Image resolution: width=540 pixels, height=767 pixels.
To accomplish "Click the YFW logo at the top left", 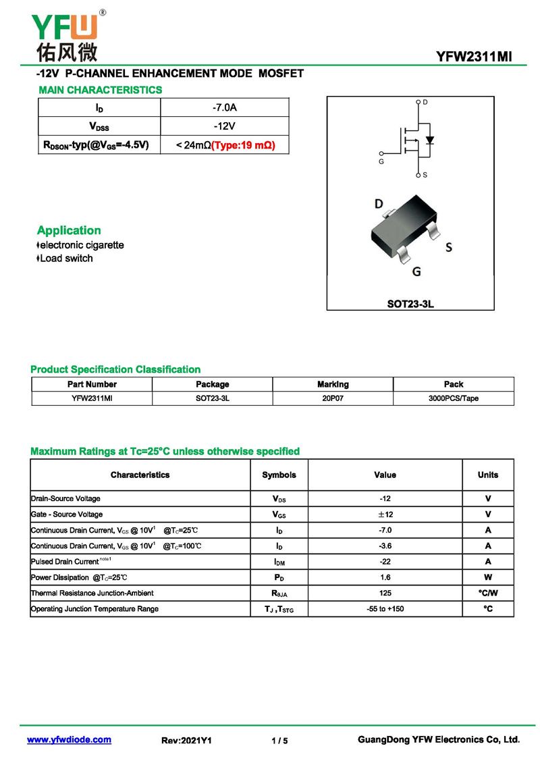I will (x=65, y=34).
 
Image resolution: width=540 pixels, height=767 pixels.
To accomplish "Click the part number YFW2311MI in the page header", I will (x=474, y=57).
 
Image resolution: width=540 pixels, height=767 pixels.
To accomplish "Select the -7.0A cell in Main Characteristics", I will (x=224, y=108).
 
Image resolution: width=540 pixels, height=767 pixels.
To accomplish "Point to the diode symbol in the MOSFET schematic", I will (x=429, y=140).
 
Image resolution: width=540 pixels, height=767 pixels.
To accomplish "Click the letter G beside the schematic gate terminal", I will (x=381, y=162).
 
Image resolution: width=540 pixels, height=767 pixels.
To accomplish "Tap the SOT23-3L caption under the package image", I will (x=410, y=304).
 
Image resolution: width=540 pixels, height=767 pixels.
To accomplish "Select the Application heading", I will (x=69, y=230).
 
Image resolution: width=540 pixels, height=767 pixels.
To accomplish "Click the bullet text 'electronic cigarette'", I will (x=82, y=245).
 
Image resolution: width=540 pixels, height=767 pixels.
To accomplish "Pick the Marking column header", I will (x=333, y=384).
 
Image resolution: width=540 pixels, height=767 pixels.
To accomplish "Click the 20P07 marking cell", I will (x=333, y=398).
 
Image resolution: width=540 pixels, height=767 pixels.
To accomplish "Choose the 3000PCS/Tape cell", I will (x=453, y=398).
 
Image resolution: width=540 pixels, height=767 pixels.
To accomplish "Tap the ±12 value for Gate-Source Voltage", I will (x=385, y=514).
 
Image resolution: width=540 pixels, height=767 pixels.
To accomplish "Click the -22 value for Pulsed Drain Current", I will (x=385, y=562).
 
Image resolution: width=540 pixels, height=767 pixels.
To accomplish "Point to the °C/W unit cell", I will (x=488, y=593).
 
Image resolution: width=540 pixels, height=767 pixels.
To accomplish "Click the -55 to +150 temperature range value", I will (x=385, y=609).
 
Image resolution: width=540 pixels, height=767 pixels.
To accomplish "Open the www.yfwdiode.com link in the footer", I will (x=69, y=740).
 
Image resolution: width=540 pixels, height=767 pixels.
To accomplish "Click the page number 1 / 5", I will (x=279, y=741).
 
